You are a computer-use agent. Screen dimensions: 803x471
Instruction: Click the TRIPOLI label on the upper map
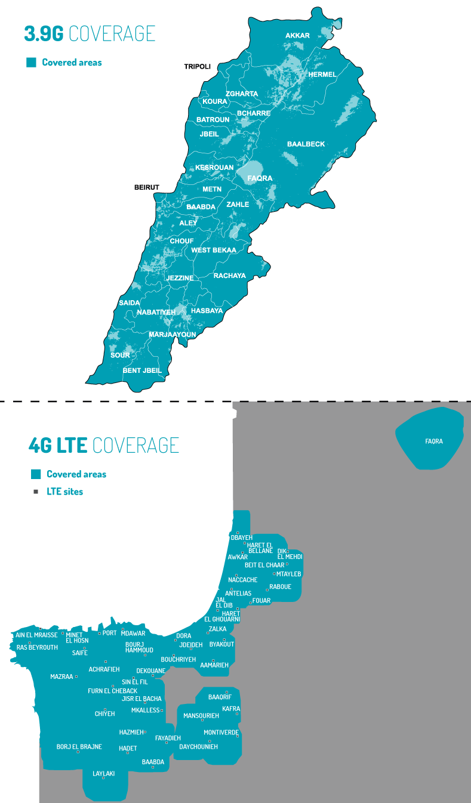click(x=197, y=66)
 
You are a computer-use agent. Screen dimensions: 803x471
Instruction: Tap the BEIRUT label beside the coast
click(x=147, y=187)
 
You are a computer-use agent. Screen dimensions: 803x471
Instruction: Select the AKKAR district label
click(x=297, y=36)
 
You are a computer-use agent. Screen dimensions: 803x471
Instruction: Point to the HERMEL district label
click(x=322, y=75)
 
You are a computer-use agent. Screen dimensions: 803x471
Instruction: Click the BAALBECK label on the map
click(x=306, y=144)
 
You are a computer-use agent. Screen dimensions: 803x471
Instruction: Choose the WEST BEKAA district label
click(x=214, y=251)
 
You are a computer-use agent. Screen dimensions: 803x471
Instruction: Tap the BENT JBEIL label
click(x=142, y=370)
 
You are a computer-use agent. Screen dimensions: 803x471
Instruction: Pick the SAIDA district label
click(x=130, y=303)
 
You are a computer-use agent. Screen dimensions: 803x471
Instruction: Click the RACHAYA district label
click(x=229, y=276)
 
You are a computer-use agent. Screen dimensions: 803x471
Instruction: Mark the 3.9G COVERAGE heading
click(x=90, y=33)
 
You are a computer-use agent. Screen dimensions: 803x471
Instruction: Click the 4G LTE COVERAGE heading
click(x=104, y=445)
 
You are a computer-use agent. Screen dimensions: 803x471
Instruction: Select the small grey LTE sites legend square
click(x=36, y=492)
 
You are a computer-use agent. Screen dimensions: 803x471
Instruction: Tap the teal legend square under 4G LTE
click(x=36, y=474)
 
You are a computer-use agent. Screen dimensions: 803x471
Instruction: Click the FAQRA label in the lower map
click(x=434, y=441)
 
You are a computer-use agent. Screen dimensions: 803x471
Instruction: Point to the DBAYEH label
click(x=242, y=538)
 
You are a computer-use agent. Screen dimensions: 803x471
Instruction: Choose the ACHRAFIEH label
click(x=104, y=669)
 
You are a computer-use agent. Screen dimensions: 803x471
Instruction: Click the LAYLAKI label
click(x=103, y=774)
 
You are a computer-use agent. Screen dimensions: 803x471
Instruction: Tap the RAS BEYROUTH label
click(x=37, y=647)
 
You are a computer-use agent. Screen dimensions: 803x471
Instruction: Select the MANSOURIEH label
click(x=201, y=715)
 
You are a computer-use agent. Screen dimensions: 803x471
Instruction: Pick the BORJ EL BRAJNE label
click(x=79, y=746)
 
